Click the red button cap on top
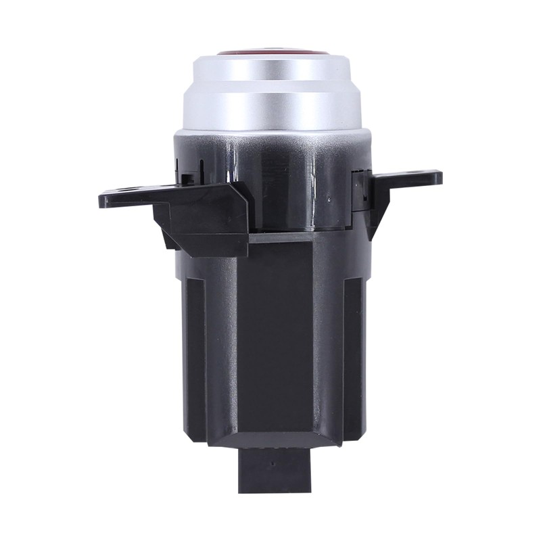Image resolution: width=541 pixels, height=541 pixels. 270,51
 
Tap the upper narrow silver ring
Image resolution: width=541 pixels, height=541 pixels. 270,71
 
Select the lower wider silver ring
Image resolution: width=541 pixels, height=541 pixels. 270,108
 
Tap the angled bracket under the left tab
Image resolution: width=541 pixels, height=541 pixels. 203,216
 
